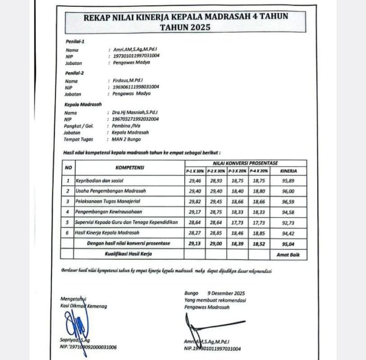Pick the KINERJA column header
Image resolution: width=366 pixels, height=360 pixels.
pyautogui.click(x=289, y=171)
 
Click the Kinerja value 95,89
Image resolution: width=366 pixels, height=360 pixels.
pyautogui.click(x=289, y=181)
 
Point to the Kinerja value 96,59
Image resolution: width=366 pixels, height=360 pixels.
pyautogui.click(x=289, y=201)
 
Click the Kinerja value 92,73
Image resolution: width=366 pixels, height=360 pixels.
pyautogui.click(x=289, y=222)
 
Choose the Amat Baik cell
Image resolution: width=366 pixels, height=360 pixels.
pyautogui.click(x=288, y=254)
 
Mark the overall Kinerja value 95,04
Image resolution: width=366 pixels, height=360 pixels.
pyautogui.click(x=289, y=243)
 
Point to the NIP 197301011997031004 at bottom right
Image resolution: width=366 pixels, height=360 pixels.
pyautogui.click(x=212, y=348)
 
